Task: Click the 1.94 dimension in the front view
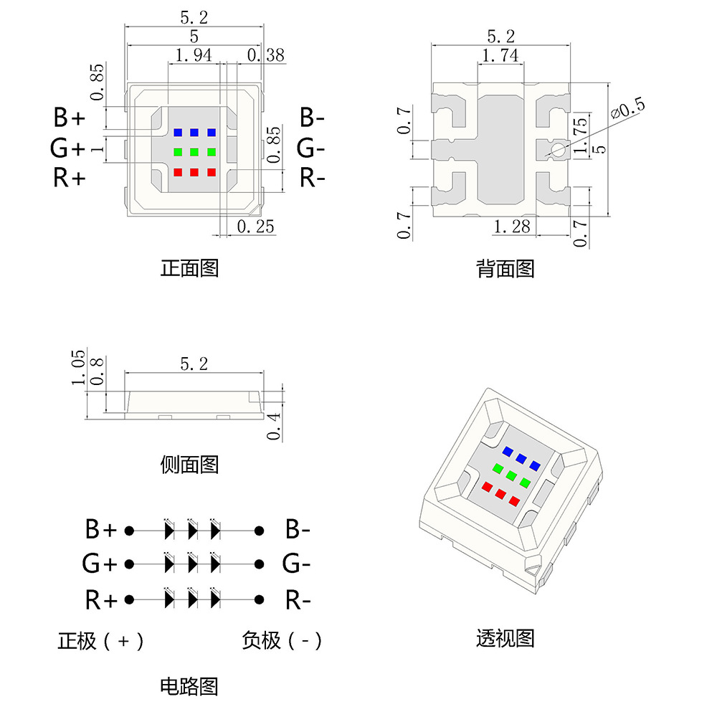point(193,55)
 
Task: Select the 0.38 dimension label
point(265,55)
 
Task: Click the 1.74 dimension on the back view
point(500,56)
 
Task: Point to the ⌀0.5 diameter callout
point(627,108)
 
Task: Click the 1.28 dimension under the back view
point(512,227)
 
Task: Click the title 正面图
point(189,269)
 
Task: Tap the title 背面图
point(505,269)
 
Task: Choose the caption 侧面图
point(189,465)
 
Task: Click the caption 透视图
point(505,637)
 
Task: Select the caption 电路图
point(189,686)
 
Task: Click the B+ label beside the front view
point(70,117)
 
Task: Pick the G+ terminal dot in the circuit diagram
point(129,564)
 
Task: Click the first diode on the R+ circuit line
point(169,599)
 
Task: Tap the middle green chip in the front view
point(194,152)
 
